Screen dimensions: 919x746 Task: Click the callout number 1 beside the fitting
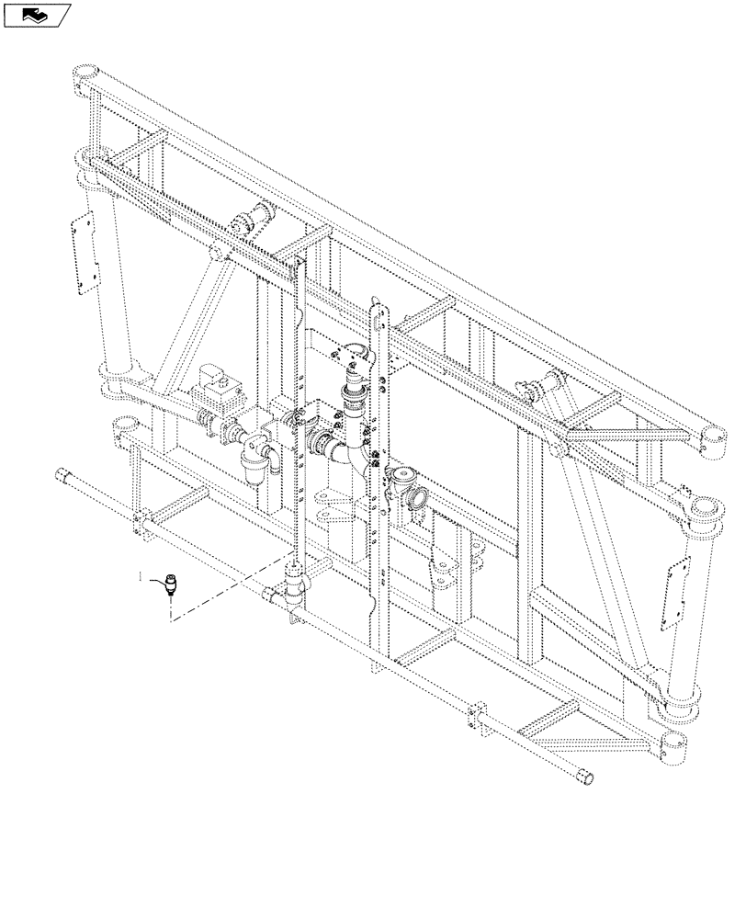pos(140,576)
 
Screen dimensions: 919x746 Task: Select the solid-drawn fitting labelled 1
pos(170,585)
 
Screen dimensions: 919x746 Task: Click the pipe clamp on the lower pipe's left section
pos(139,523)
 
